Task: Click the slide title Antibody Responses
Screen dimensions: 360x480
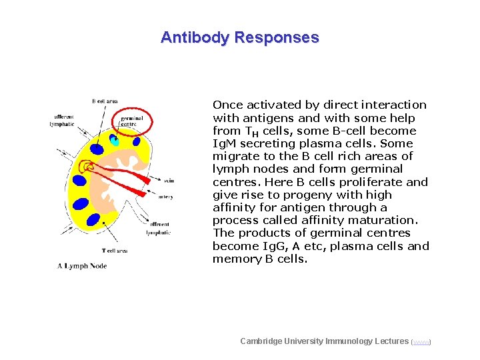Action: [x=240, y=37]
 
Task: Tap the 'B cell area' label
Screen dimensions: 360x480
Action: [x=105, y=101]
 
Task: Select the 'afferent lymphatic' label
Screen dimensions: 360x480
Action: [x=63, y=119]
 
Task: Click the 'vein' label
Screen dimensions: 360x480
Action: [x=170, y=180]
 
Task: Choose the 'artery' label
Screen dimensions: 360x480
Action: [x=167, y=196]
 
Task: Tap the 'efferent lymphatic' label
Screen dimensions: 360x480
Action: [x=159, y=228]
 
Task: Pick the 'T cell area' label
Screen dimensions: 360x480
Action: [x=115, y=251]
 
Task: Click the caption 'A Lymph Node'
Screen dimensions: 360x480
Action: [x=82, y=266]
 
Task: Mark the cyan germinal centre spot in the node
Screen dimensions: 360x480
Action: [x=115, y=141]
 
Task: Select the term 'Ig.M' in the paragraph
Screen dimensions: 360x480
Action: [x=224, y=143]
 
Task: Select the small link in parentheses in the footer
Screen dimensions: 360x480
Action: [x=421, y=342]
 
